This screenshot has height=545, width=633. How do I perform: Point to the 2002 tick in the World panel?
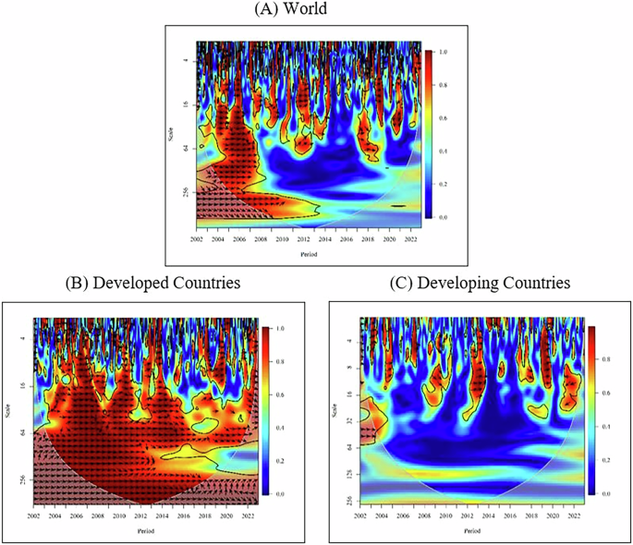(x=197, y=238)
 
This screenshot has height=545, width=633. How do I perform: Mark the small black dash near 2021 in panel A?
(x=397, y=207)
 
